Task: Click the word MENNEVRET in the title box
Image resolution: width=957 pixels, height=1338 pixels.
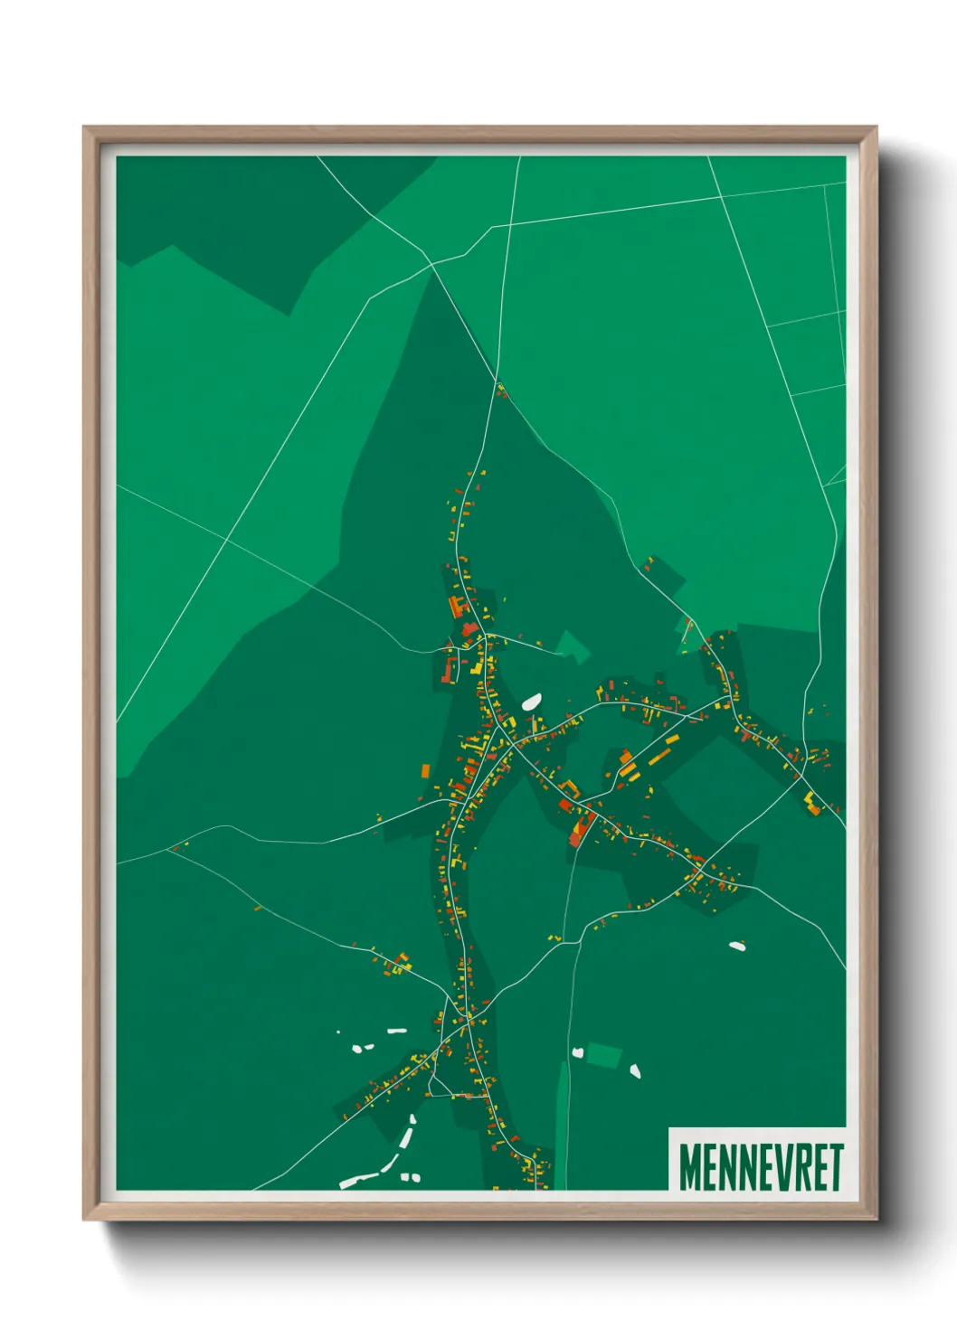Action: (x=761, y=1167)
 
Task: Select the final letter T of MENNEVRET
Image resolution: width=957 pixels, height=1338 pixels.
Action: (x=836, y=1167)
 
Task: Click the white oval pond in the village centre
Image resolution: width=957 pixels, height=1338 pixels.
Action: (x=531, y=702)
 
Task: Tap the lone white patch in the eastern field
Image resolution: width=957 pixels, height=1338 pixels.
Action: (x=737, y=946)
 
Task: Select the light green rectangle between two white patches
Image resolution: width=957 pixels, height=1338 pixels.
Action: (x=604, y=1054)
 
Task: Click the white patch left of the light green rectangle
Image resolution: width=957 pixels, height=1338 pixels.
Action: (x=578, y=1052)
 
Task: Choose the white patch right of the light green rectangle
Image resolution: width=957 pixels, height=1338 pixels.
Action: (x=635, y=1071)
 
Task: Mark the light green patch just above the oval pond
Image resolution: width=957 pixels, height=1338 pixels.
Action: (x=573, y=646)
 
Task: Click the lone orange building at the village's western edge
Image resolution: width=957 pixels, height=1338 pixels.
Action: (x=425, y=771)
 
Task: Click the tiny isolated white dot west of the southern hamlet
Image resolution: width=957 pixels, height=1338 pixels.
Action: (x=338, y=1032)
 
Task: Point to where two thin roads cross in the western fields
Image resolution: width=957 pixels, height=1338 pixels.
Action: (x=225, y=539)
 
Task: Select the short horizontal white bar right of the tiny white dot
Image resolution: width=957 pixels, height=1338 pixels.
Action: (x=396, y=1030)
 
